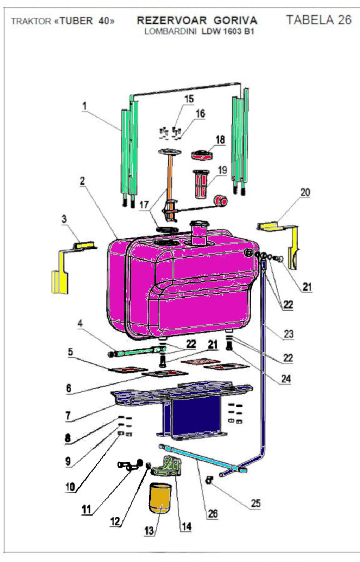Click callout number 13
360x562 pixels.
click(149, 530)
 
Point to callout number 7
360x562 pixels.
click(68, 416)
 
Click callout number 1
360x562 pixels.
click(84, 106)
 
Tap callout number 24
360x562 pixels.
click(286, 379)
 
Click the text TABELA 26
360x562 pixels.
click(318, 20)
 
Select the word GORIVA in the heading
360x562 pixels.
click(235, 20)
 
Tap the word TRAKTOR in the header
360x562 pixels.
click(31, 21)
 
